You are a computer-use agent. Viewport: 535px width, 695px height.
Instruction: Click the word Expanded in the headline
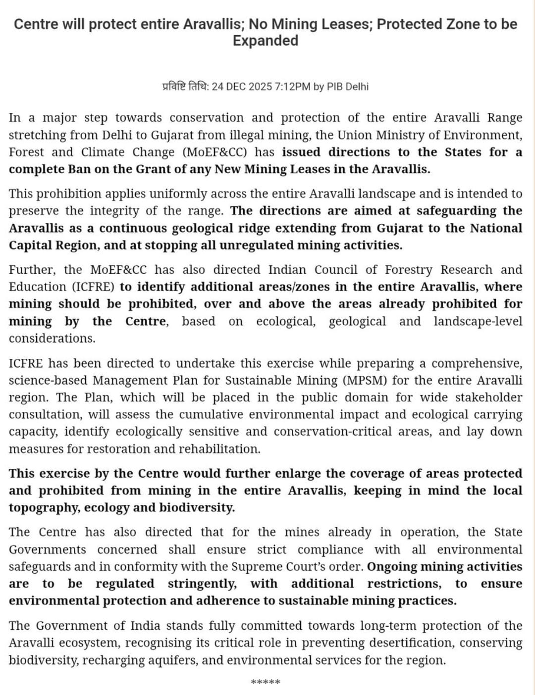(x=266, y=41)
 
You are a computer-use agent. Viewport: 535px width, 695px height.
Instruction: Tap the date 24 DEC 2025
(x=242, y=87)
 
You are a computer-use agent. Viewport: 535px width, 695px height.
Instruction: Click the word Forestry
(x=409, y=270)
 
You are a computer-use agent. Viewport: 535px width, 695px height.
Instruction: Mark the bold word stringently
(x=202, y=584)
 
